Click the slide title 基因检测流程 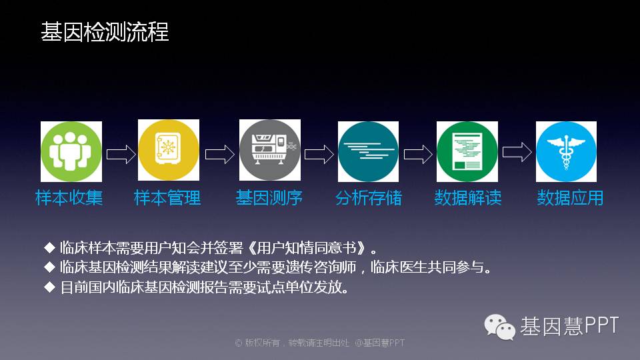(x=105, y=32)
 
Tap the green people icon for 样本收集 (x=71, y=151)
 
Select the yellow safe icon (x=169, y=150)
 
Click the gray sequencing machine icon (x=270, y=150)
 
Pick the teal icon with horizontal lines (x=368, y=151)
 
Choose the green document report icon (x=467, y=151)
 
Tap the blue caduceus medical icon (x=566, y=151)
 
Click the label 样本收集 (x=69, y=198)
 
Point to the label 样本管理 (x=167, y=198)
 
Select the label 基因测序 (x=269, y=198)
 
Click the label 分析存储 (x=369, y=198)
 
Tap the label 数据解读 (x=468, y=198)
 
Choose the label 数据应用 (x=570, y=198)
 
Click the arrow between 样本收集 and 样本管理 (x=121, y=154)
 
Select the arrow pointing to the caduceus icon (x=517, y=152)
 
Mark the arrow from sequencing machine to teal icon (x=319, y=154)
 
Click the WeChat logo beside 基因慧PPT (x=499, y=327)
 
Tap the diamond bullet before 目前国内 (x=49, y=287)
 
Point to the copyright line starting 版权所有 (x=320, y=343)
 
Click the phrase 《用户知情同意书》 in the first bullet (x=307, y=248)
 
